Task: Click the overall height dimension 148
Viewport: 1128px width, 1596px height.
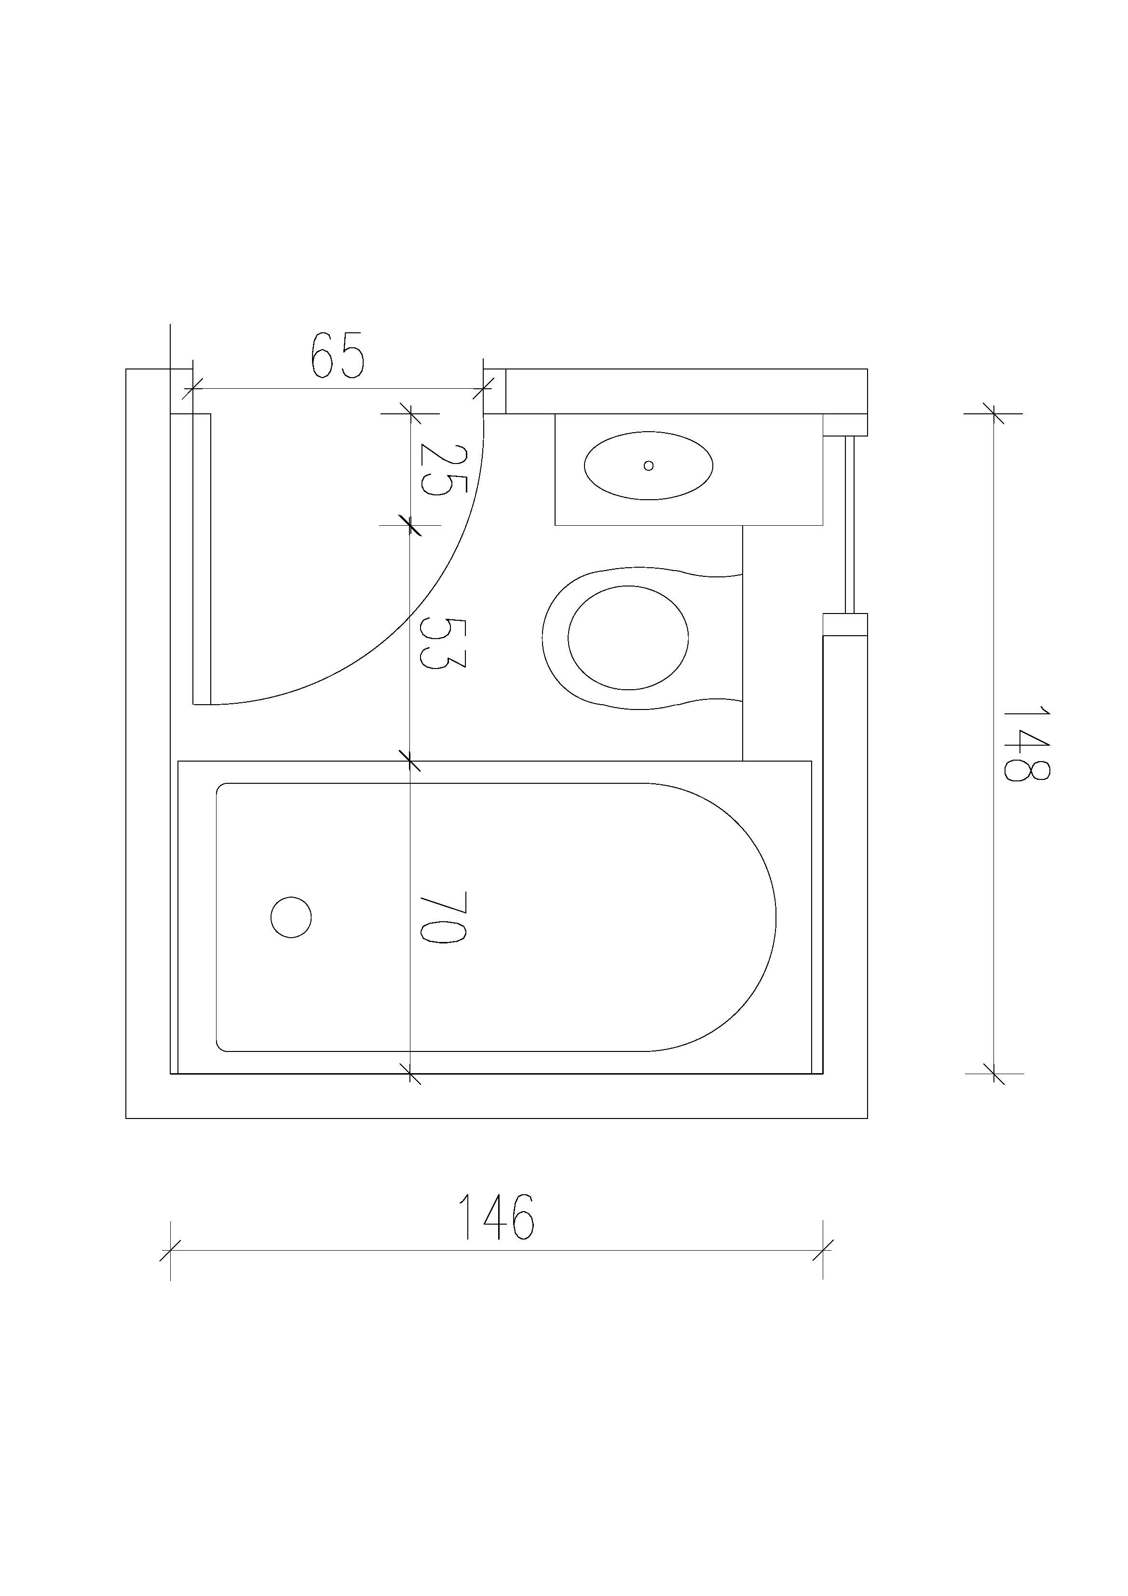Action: (1026, 743)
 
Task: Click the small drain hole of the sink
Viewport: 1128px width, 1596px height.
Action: (649, 466)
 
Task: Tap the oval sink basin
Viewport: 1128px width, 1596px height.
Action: (649, 466)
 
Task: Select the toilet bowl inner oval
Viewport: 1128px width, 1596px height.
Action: (628, 638)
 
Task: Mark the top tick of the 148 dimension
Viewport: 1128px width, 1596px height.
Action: (994, 414)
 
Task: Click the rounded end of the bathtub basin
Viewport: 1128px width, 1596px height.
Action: (716, 917)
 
